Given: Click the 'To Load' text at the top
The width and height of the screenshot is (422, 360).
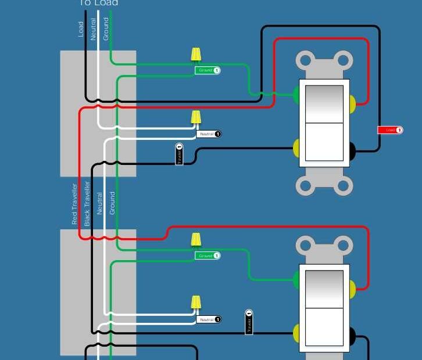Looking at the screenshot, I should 98,3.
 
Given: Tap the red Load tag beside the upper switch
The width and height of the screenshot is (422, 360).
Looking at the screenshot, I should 390,130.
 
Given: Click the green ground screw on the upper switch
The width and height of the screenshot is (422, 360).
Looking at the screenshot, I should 296,95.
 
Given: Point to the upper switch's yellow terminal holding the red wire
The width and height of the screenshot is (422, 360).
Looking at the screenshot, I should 352,104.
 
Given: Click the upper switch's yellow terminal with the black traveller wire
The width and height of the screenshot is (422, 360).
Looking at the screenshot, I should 296,148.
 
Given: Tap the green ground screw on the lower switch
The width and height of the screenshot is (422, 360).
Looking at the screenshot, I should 296,280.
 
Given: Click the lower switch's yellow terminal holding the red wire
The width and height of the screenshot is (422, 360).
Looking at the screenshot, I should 352,288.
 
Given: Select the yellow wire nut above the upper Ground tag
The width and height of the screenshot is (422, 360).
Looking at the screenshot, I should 196,55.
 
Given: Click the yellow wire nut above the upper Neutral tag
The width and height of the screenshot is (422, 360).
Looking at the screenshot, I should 196,117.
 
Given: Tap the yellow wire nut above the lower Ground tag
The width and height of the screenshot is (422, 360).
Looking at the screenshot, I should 196,239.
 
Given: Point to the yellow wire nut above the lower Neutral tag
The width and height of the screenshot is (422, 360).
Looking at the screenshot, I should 196,302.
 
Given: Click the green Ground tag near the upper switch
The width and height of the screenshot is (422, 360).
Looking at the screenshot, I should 208,70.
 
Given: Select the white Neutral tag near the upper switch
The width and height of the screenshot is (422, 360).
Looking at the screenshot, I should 209,134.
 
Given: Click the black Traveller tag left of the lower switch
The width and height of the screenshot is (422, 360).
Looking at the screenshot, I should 249,323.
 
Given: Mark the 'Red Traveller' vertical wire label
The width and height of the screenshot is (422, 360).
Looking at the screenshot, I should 74,204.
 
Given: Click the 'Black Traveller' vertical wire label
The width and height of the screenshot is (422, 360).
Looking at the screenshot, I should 87,204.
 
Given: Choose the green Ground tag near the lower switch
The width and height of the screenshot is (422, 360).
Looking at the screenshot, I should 208,255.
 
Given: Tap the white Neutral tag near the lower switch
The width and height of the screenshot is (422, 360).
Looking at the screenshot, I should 209,319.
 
